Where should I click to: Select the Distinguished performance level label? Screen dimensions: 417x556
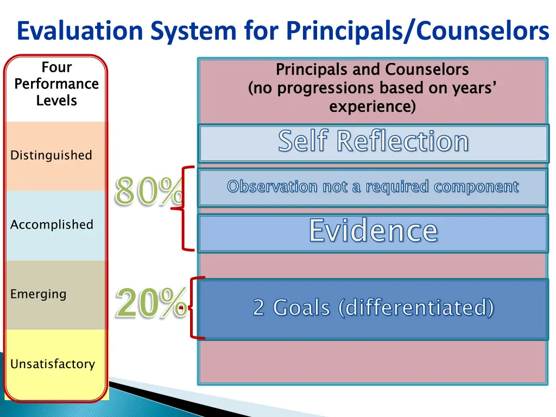click(51, 155)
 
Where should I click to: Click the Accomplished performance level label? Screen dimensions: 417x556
click(52, 225)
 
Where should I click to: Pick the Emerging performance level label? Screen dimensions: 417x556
click(38, 294)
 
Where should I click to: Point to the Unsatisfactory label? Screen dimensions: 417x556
click(53, 364)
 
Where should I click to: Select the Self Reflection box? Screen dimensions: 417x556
click(373, 142)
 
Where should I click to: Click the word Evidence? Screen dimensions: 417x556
click(373, 231)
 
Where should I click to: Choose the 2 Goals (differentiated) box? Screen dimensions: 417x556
click(373, 308)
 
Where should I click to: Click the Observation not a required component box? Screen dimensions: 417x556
click(373, 187)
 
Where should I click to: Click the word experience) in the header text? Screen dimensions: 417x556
click(372, 106)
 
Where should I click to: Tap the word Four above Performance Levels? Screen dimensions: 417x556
click(56, 67)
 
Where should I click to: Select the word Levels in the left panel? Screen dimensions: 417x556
click(56, 101)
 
